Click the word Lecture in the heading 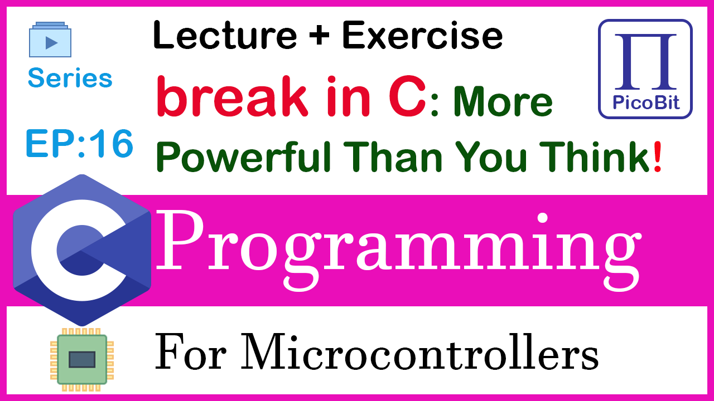[225, 35]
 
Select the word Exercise [422, 35]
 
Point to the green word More [503, 101]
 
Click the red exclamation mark [657, 157]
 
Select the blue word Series [70, 77]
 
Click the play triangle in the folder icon [51, 43]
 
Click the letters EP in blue [51, 143]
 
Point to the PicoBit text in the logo [646, 103]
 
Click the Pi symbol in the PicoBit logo [645, 61]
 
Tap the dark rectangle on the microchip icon [82, 360]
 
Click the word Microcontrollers [420, 353]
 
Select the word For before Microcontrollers [191, 353]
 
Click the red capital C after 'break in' [407, 96]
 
